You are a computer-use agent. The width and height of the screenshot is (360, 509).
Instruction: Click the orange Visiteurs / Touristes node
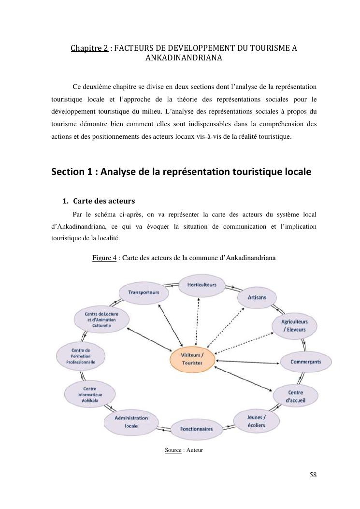click(x=192, y=359)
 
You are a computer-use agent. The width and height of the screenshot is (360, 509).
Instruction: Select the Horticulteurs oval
click(x=202, y=285)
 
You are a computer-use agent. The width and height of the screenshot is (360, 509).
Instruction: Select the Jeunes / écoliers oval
click(x=256, y=421)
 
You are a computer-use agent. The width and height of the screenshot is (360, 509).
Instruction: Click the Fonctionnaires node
click(x=196, y=429)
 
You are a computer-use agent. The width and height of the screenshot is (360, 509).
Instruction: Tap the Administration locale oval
click(x=131, y=422)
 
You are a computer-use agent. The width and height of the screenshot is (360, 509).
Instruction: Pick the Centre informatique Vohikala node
click(x=89, y=394)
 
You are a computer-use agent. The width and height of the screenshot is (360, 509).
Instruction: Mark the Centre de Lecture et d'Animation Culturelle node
click(x=101, y=320)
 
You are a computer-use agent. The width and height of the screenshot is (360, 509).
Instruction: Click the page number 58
click(x=313, y=474)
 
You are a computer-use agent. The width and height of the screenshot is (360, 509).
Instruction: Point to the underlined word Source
click(x=173, y=450)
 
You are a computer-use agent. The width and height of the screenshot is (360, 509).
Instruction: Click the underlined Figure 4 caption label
click(x=104, y=258)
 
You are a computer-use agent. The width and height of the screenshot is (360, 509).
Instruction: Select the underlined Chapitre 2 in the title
click(x=89, y=48)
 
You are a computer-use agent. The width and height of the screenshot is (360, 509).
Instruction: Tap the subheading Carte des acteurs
click(x=103, y=201)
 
